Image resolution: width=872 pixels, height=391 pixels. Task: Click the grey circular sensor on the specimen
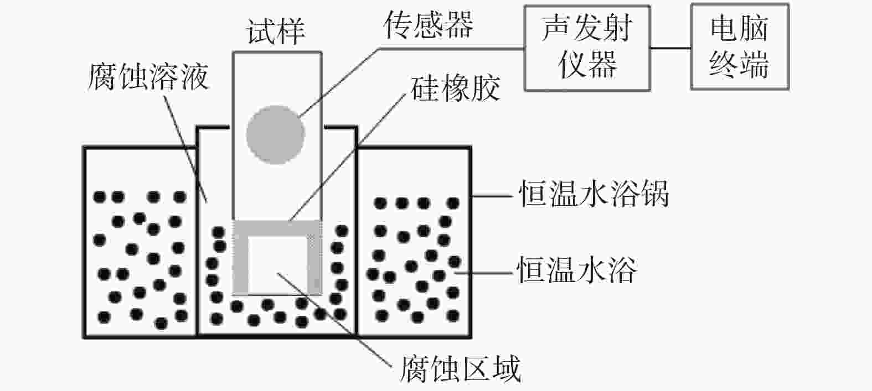[x=275, y=134]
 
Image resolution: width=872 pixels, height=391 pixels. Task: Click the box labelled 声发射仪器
[x=587, y=47]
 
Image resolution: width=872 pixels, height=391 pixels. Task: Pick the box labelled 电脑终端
[x=739, y=47]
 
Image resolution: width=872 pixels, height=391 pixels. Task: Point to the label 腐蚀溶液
[x=148, y=76]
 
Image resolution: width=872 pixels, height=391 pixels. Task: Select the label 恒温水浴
[x=577, y=270]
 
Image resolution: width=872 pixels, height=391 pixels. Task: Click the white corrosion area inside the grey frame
[x=277, y=264]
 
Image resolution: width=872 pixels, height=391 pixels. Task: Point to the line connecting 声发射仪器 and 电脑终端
[x=670, y=48]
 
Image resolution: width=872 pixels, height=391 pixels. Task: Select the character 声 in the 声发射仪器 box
[x=556, y=28]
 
